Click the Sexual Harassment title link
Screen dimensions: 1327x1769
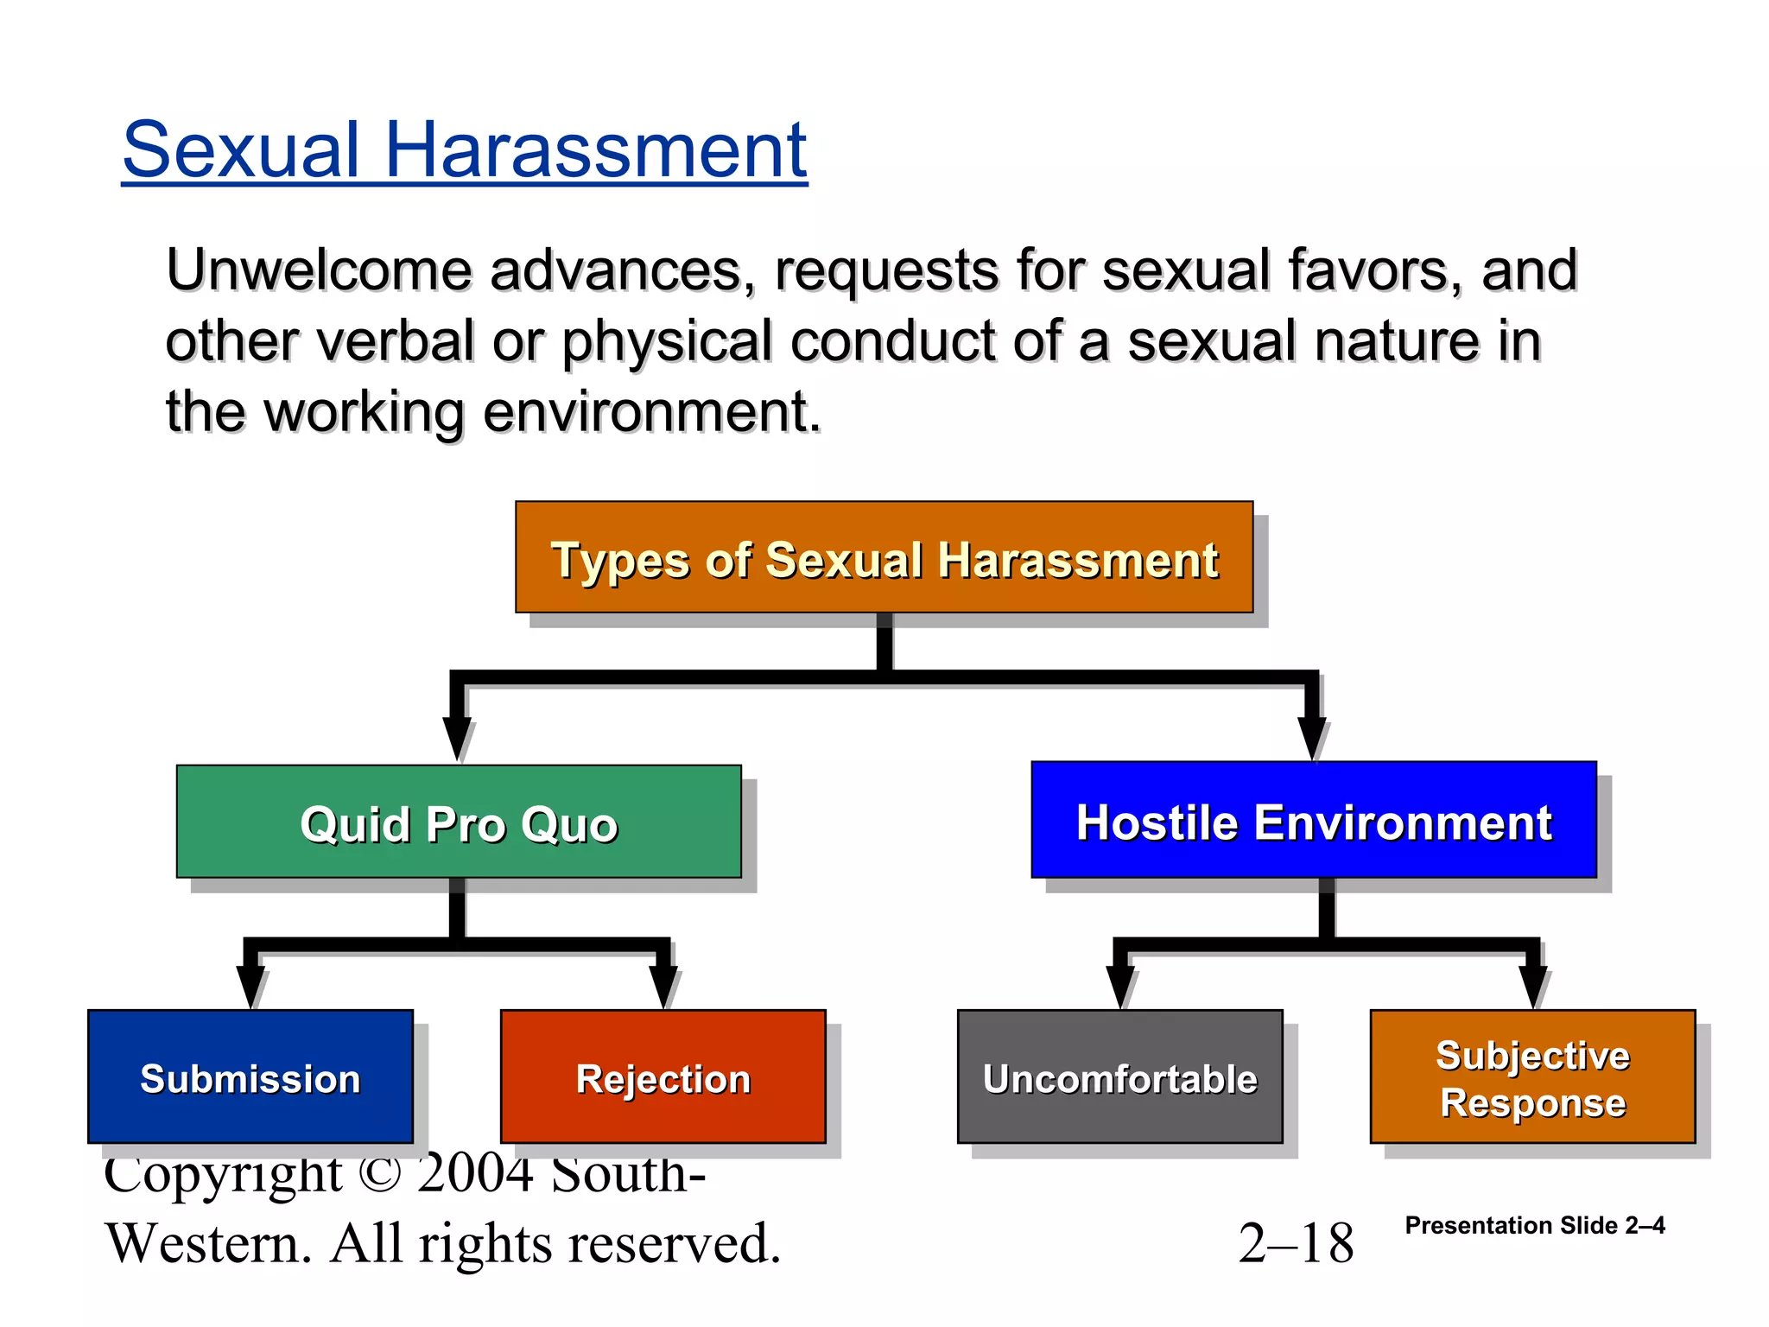tap(465, 151)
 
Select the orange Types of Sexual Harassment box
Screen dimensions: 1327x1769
tap(884, 557)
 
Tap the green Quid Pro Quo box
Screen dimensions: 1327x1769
tap(459, 822)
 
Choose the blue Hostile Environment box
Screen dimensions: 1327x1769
tap(1313, 820)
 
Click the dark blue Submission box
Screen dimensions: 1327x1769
tap(250, 1076)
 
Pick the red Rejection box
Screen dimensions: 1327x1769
tap(663, 1076)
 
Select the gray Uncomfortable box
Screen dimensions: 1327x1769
tap(1119, 1076)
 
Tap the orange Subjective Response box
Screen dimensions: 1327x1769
tap(1532, 1076)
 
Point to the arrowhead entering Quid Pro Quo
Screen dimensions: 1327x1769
tap(457, 739)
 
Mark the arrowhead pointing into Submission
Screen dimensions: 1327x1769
tap(250, 987)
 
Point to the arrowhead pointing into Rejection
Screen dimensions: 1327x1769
tap(663, 987)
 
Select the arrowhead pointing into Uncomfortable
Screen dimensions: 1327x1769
tap(1119, 987)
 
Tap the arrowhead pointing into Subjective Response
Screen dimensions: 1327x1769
tap(1532, 987)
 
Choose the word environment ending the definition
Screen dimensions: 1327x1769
tap(650, 412)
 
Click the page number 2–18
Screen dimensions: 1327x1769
tap(1296, 1244)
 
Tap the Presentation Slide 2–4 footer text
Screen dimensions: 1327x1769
tap(1534, 1225)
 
